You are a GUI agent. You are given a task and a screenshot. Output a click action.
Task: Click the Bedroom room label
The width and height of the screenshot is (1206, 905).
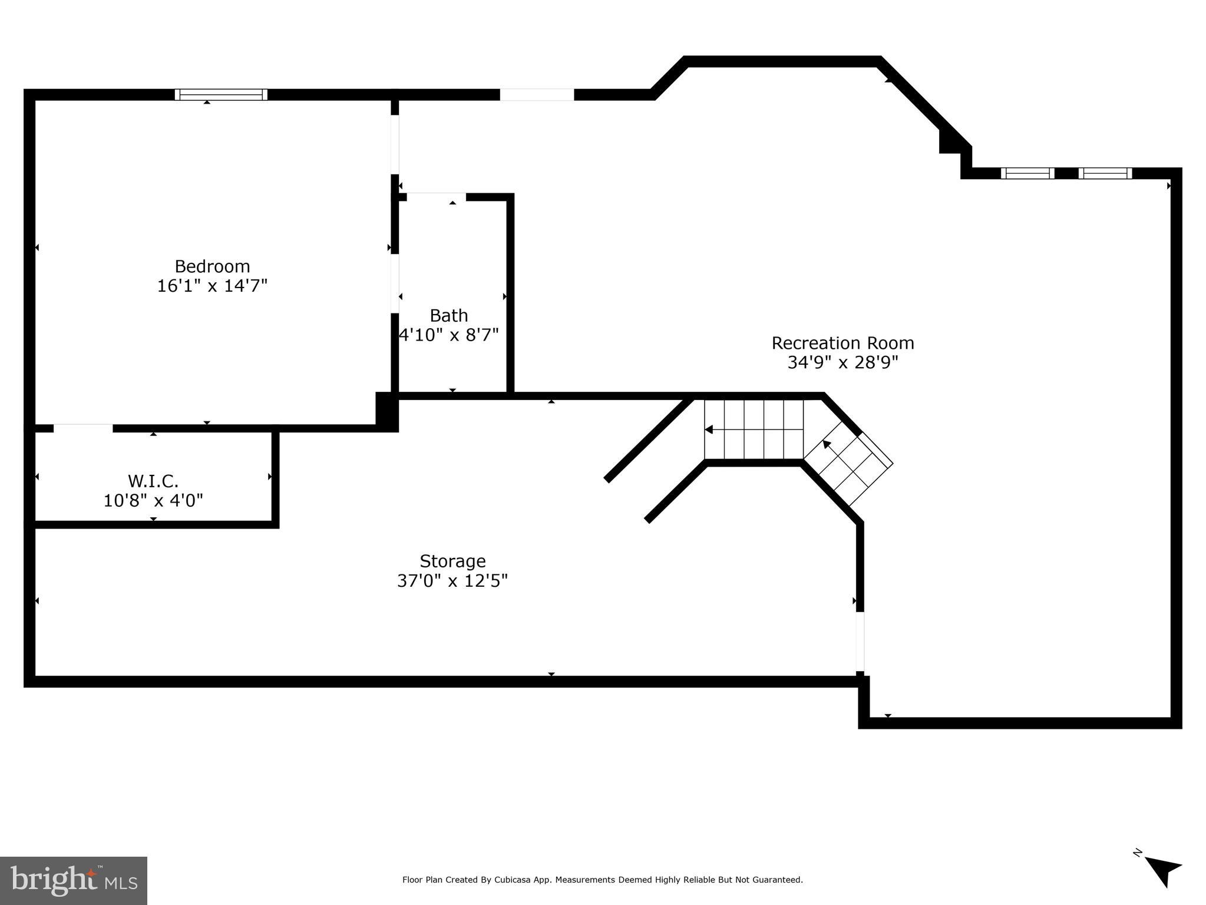[x=212, y=266]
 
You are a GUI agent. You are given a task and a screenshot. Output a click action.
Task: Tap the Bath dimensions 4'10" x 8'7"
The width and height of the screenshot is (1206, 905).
[x=449, y=335]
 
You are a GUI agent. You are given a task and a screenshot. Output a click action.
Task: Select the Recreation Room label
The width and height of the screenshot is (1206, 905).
[x=842, y=343]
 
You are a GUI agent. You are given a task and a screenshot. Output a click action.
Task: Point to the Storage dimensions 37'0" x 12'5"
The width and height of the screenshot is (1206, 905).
[x=452, y=581]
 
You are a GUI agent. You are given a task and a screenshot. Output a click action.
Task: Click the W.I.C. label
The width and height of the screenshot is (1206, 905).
[x=153, y=481]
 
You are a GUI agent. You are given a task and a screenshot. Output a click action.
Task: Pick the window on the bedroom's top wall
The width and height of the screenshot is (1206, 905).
[x=221, y=94]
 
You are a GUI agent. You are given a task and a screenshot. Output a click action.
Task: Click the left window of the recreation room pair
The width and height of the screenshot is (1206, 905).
[x=1027, y=173]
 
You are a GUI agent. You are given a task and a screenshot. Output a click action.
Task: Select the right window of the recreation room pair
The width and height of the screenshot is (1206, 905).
[x=1105, y=173]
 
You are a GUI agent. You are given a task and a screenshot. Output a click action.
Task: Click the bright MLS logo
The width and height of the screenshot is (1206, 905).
[x=74, y=880]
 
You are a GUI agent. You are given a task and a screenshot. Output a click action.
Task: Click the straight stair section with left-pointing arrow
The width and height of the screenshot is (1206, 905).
[x=754, y=430]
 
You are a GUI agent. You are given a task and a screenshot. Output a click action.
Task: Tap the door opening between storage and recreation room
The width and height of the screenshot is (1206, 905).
[x=860, y=641]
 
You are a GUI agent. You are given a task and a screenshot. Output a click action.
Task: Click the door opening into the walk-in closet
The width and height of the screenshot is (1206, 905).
[x=83, y=428]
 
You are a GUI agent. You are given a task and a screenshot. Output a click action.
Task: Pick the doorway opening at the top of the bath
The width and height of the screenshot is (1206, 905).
[x=432, y=197]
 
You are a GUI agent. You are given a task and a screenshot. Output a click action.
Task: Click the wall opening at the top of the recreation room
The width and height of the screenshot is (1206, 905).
[x=537, y=94]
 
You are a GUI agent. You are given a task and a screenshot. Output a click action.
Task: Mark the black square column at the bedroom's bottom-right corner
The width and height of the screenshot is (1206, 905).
[x=387, y=411]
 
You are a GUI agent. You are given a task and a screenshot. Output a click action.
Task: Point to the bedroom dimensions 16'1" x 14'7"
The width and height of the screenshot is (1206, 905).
[x=212, y=286]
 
